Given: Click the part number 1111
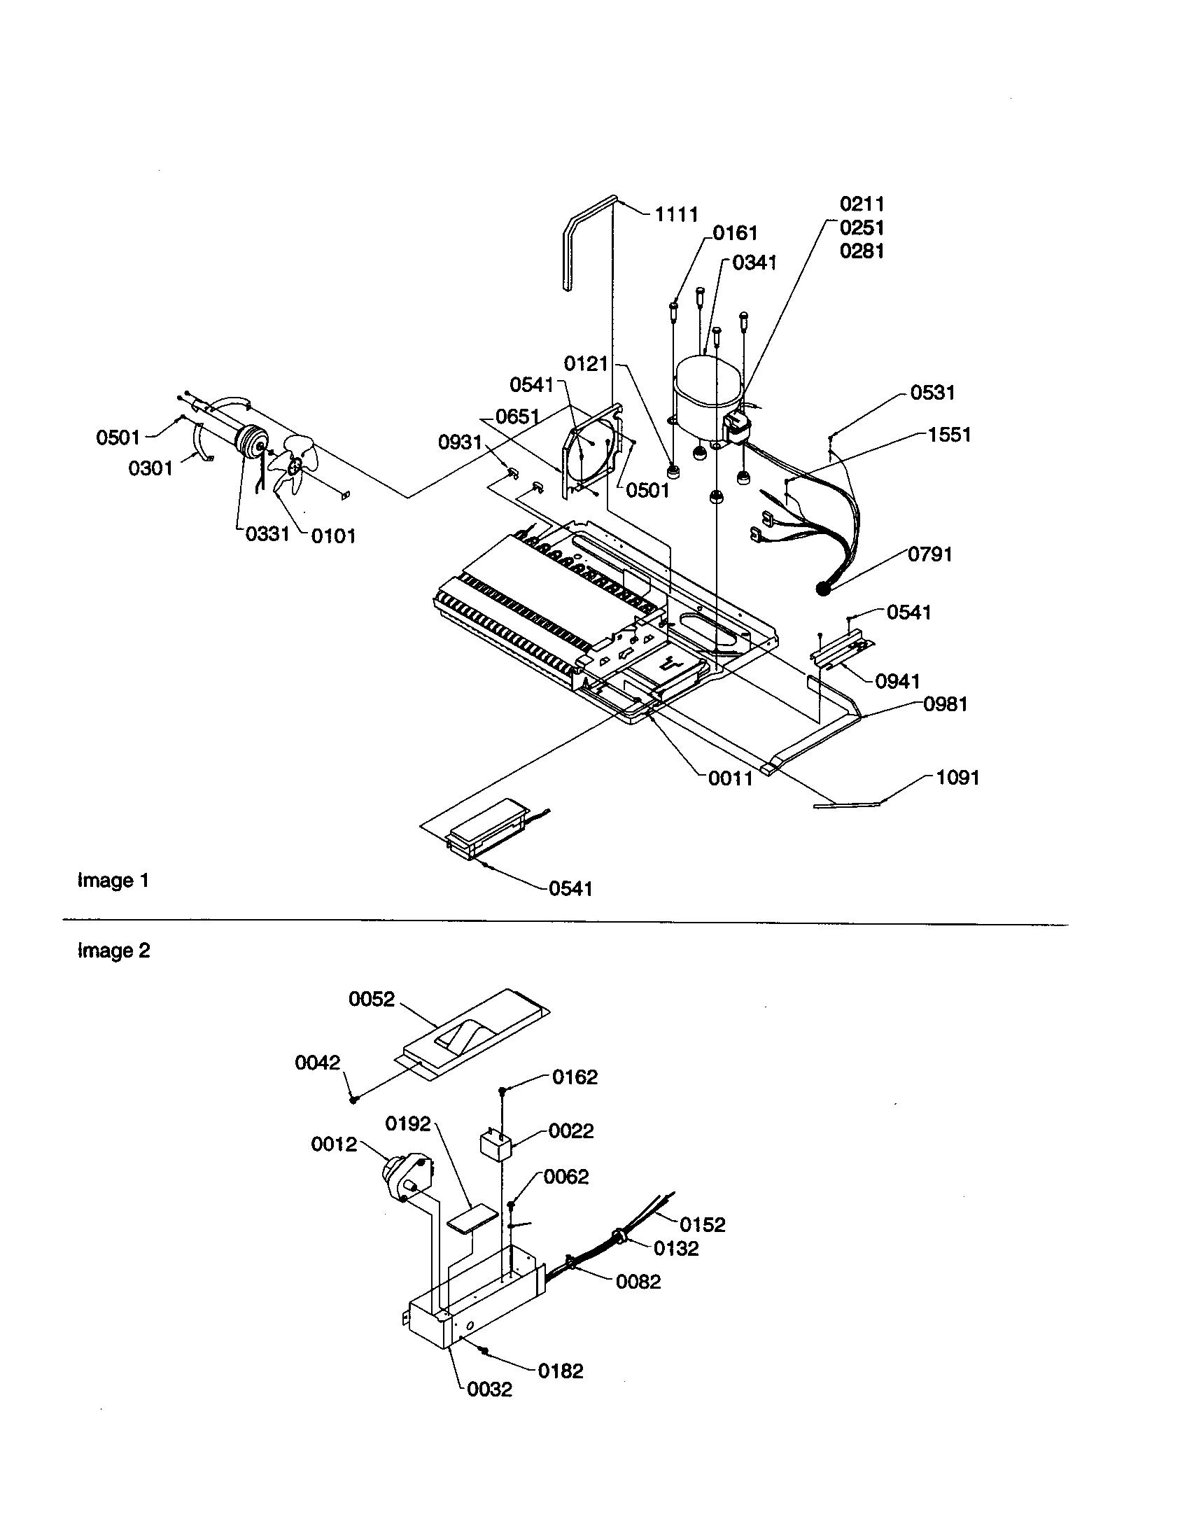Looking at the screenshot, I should click(x=676, y=214).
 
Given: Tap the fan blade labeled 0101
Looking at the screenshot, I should click(x=295, y=465).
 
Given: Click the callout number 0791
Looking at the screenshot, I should click(x=929, y=554).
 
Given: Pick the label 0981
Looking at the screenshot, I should click(x=946, y=703).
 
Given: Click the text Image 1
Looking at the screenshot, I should click(x=113, y=880).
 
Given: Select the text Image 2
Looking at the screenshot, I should click(x=113, y=951).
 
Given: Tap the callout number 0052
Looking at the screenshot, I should click(x=372, y=999).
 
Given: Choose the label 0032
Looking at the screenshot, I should click(x=489, y=1389).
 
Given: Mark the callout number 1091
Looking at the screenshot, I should click(x=957, y=778).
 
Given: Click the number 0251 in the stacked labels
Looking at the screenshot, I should click(x=862, y=227).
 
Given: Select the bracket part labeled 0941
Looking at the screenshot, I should click(x=842, y=652).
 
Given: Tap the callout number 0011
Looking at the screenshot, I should click(x=730, y=778).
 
